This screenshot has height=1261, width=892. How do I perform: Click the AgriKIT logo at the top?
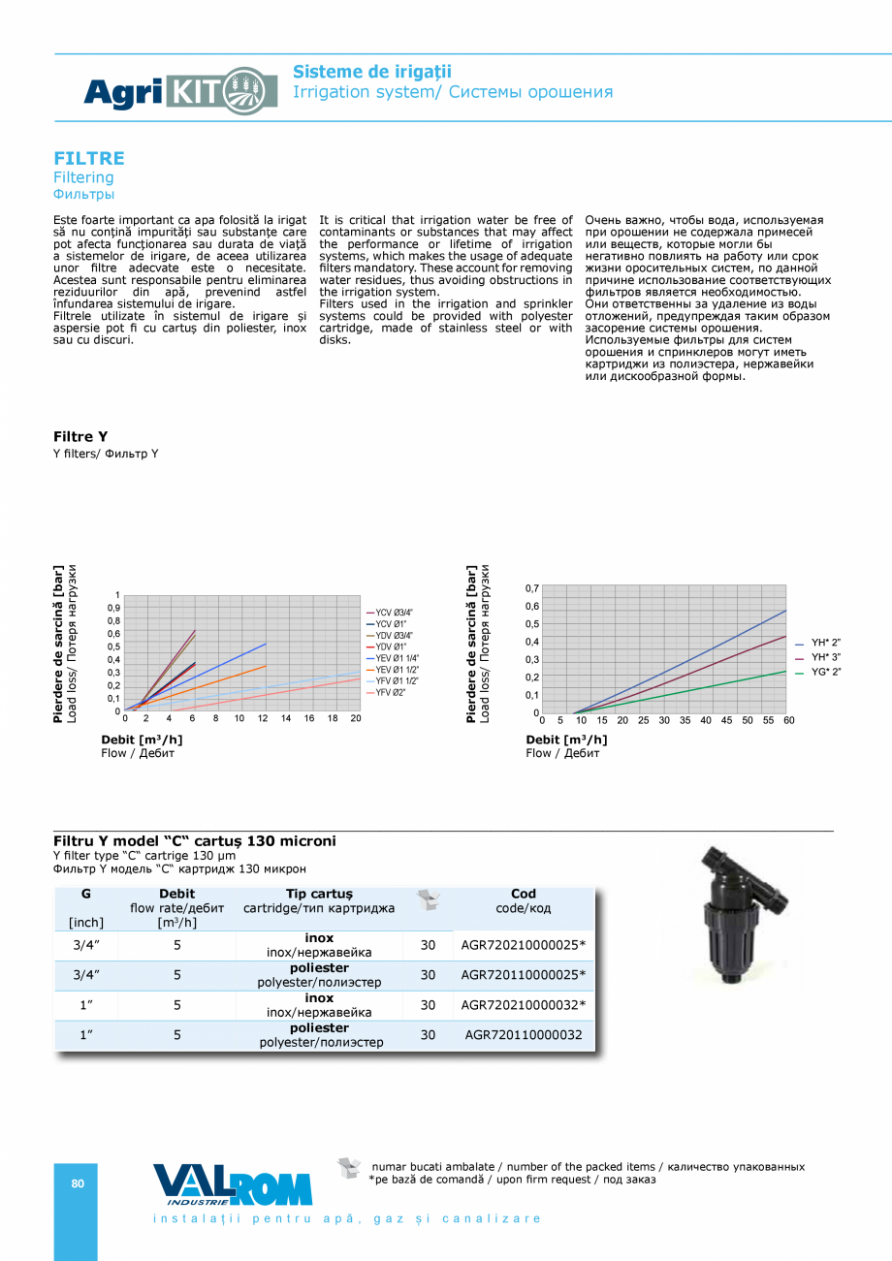[x=167, y=92]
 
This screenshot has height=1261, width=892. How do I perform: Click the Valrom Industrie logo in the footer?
[x=233, y=1184]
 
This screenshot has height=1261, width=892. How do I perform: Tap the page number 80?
[x=78, y=1183]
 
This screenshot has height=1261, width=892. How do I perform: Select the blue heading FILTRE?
[x=88, y=158]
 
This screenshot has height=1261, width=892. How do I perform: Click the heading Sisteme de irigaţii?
[x=372, y=72]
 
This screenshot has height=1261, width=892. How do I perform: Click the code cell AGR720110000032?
[x=524, y=1034]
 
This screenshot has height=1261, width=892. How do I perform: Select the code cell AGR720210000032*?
[x=524, y=1004]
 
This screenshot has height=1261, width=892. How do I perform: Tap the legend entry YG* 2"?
[x=825, y=672]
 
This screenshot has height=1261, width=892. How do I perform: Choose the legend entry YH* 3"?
[x=825, y=657]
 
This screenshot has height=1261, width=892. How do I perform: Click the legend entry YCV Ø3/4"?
[x=394, y=613]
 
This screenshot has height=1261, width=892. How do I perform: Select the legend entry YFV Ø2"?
[x=391, y=692]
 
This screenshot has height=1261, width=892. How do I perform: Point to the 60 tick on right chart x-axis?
[x=788, y=720]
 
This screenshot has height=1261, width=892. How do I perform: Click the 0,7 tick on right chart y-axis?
[x=532, y=588]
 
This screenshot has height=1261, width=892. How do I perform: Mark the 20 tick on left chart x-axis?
[x=356, y=718]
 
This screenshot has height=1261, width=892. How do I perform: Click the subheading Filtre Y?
[x=80, y=437]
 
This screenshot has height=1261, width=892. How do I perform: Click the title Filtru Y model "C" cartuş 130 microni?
[x=195, y=840]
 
